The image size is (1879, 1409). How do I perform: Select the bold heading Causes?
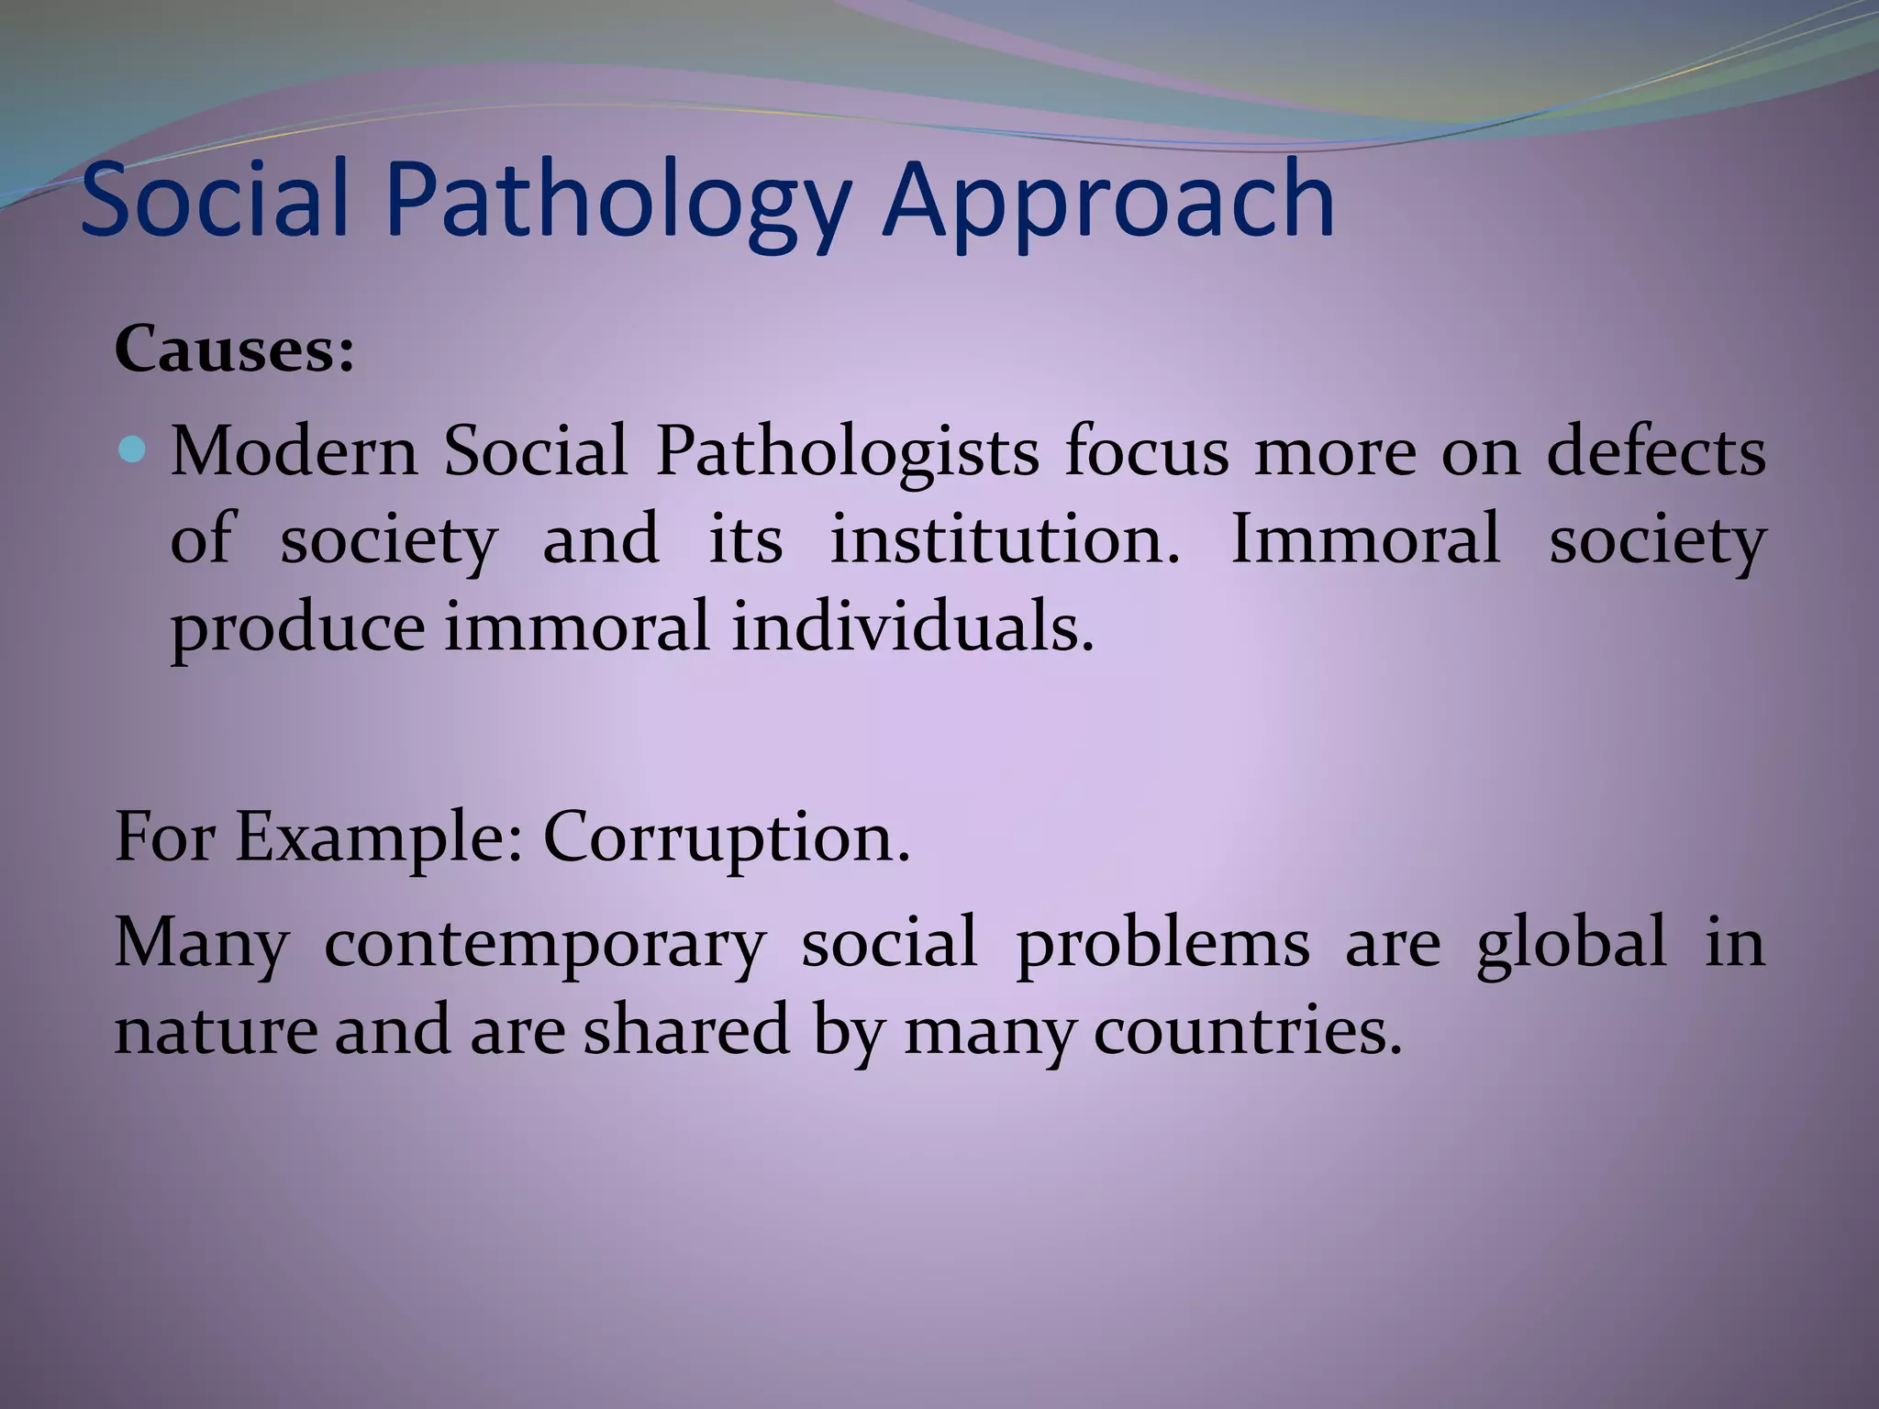pyautogui.click(x=234, y=350)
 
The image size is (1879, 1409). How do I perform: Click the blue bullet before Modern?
pyautogui.click(x=134, y=449)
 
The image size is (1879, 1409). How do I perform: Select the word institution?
pyautogui.click(x=1005, y=538)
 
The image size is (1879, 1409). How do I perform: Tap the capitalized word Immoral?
pyautogui.click(x=1364, y=538)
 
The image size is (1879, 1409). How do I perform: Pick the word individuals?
pyautogui.click(x=913, y=627)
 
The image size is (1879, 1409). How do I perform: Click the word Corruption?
pyautogui.click(x=726, y=838)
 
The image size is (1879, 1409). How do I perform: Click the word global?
pyautogui.click(x=1571, y=943)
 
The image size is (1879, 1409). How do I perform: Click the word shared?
pyautogui.click(x=686, y=1030)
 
